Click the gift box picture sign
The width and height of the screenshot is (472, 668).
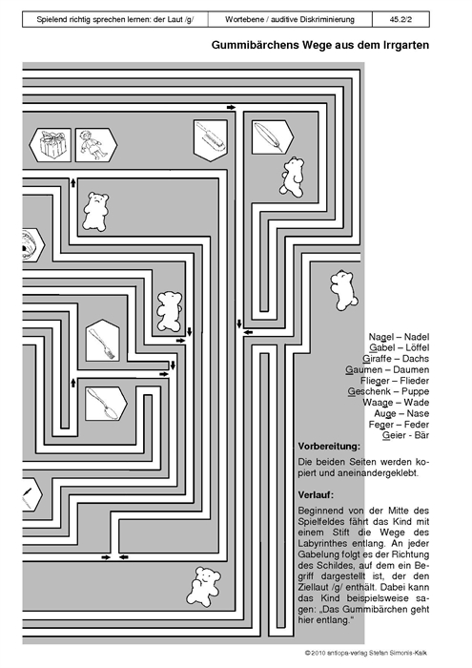51,145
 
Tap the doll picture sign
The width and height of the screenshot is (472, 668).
96,145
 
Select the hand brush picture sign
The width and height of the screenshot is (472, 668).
210,140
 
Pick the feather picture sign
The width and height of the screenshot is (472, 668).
273,136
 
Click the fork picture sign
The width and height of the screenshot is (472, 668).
102,342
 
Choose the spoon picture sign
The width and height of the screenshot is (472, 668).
106,404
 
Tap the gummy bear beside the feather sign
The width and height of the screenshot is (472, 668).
292,177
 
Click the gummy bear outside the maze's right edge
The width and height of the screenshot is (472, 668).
343,290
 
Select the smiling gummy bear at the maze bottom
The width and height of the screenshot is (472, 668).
203,586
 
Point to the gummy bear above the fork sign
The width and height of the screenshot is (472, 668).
170,311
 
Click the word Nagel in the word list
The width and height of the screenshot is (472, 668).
381,337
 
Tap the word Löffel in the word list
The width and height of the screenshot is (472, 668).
417,347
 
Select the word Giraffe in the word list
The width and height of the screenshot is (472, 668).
377,359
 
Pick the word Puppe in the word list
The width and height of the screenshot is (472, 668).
416,391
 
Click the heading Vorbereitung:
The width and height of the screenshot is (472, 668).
329,447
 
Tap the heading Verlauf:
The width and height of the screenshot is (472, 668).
316,495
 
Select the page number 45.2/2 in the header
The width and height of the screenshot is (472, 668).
400,20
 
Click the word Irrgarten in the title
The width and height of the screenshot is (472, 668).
407,45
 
